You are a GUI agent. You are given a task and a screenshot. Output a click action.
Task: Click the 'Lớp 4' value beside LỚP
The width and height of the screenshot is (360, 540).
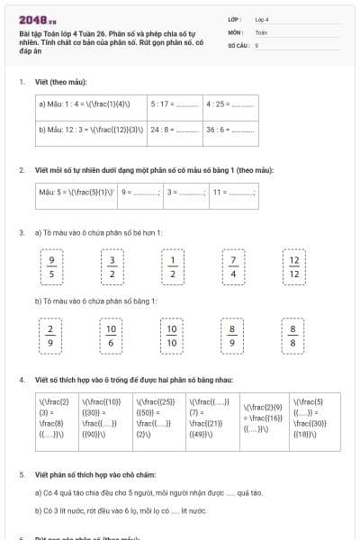[x=262, y=19]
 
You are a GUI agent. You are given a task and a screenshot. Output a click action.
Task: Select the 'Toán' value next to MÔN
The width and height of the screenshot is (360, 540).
[x=261, y=31]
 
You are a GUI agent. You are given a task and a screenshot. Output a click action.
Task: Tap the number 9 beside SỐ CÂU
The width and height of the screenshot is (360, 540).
[x=256, y=44]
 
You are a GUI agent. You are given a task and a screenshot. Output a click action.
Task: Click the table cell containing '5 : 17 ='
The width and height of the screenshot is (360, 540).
[x=174, y=103]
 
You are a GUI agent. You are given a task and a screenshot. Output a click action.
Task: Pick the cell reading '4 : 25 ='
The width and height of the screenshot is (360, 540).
[x=229, y=103]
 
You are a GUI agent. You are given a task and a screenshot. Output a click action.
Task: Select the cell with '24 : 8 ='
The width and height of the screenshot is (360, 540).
[x=174, y=130]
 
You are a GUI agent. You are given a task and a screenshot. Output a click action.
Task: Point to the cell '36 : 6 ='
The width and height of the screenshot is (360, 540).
[x=229, y=130]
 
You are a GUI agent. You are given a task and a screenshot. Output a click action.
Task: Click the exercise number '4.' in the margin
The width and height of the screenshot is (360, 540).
[x=22, y=380]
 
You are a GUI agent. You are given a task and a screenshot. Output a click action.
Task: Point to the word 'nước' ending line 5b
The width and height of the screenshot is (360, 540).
[x=199, y=510]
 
